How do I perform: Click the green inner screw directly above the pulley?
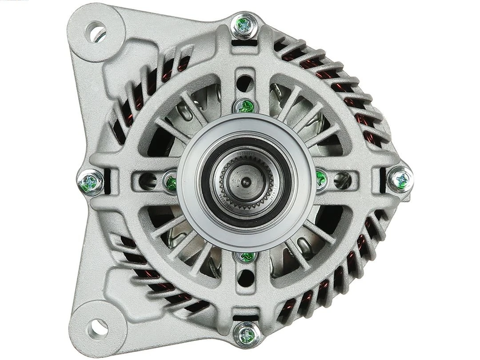[244, 106]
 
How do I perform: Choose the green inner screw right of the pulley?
[320, 179]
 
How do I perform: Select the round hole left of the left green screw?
[147, 180]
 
